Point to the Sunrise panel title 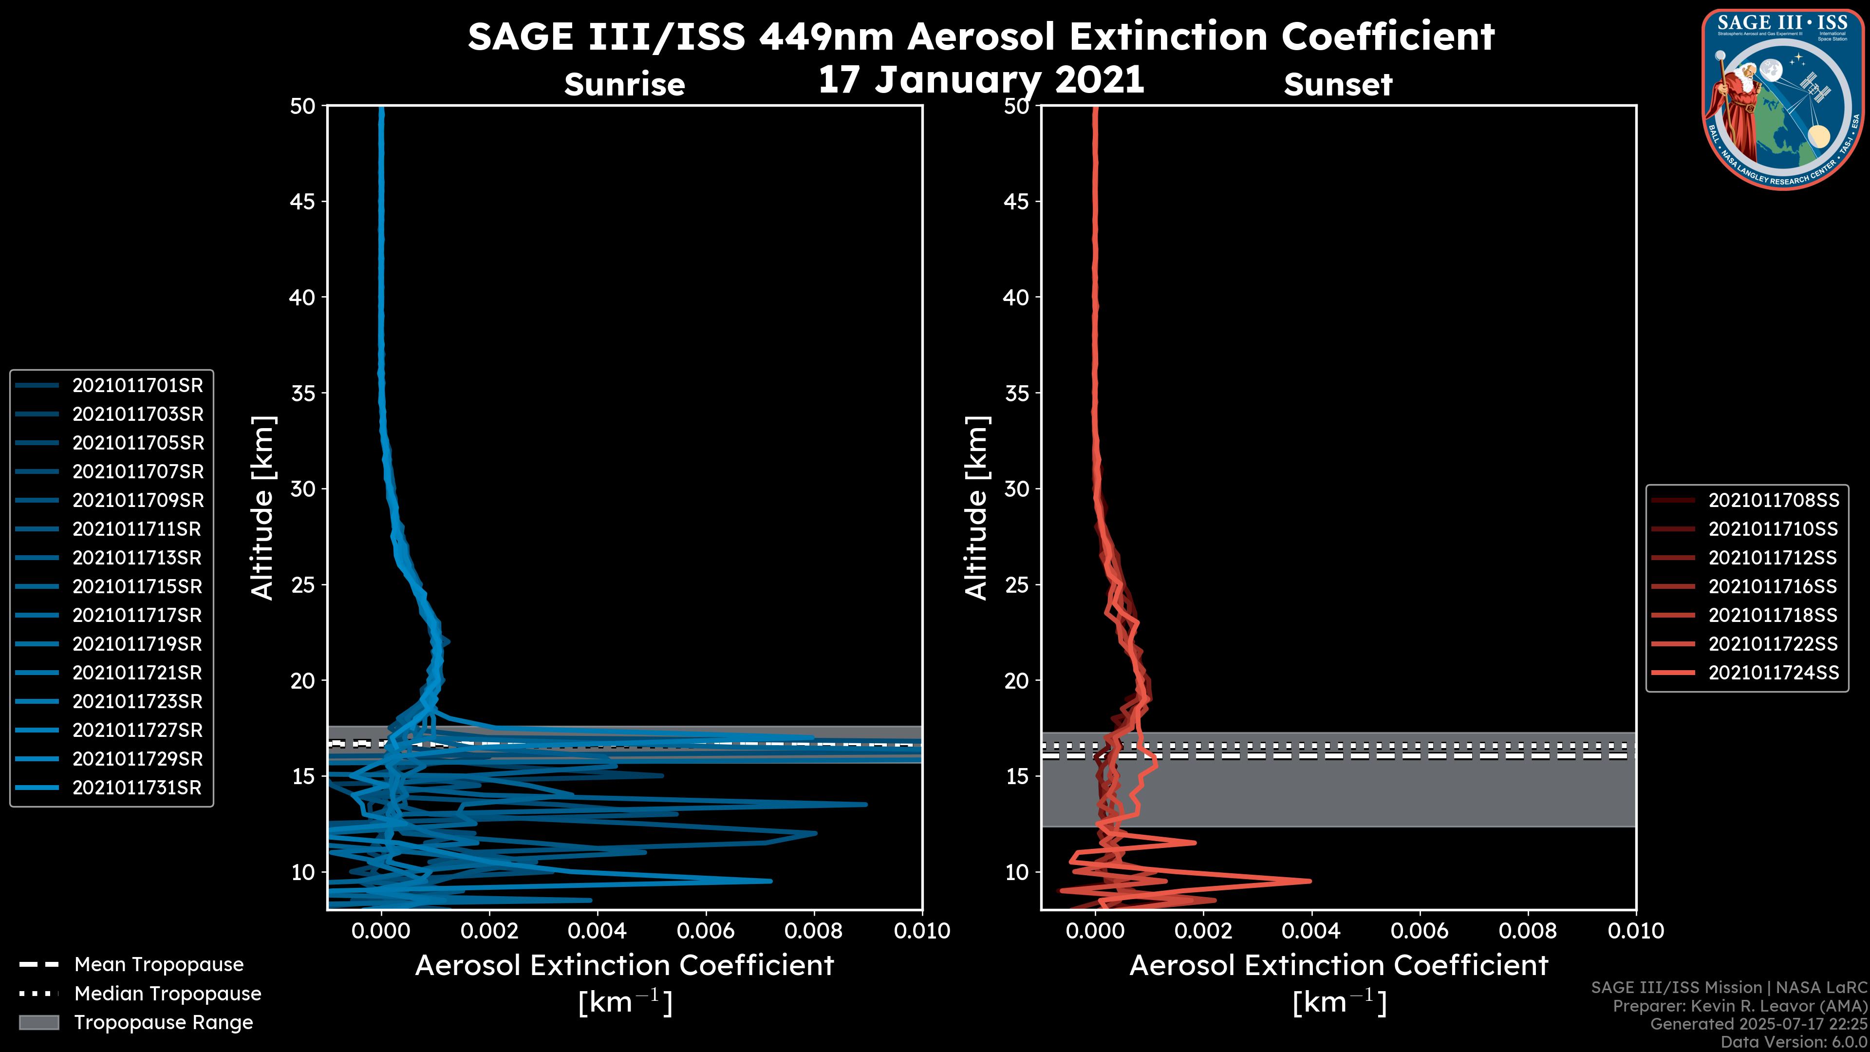(x=624, y=85)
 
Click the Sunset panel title (x=1338, y=85)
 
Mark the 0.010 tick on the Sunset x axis (x=1636, y=931)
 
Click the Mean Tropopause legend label (x=159, y=965)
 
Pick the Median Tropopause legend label (x=168, y=994)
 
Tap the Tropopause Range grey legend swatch (x=39, y=1023)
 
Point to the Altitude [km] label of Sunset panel (x=976, y=508)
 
